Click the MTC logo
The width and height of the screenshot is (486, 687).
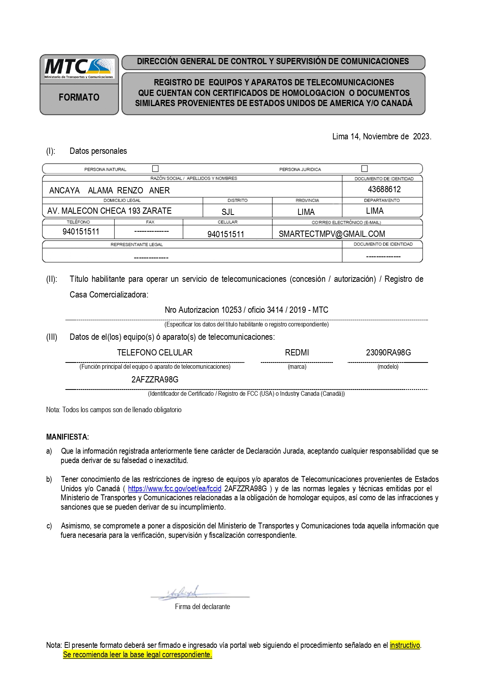tap(79, 68)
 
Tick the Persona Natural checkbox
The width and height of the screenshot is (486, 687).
tap(155, 169)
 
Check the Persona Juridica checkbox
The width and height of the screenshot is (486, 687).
tap(365, 168)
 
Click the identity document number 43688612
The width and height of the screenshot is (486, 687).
tap(384, 189)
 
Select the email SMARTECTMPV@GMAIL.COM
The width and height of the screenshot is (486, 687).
tap(332, 234)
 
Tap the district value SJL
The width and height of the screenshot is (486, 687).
tap(228, 212)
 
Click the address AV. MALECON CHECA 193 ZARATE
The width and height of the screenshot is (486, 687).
tap(109, 211)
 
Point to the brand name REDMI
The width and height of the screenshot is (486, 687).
tap(297, 353)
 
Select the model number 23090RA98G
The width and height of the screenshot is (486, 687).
tap(388, 353)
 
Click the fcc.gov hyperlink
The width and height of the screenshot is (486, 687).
tap(175, 489)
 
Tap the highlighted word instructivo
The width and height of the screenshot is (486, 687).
tap(405, 645)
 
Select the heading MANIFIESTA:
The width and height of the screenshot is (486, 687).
tap(67, 437)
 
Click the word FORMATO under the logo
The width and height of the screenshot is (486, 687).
tap(79, 97)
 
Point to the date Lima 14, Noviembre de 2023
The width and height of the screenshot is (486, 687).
tap(381, 137)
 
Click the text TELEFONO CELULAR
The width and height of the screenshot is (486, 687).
tap(155, 353)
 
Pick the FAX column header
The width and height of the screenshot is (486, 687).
tap(150, 222)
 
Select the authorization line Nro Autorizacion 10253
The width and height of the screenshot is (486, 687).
tap(246, 310)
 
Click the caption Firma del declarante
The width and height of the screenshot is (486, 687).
tap(202, 607)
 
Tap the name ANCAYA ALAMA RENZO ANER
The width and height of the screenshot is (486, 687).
tap(109, 191)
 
